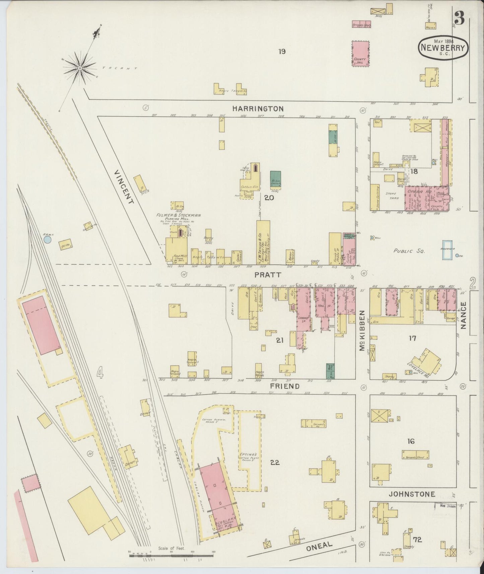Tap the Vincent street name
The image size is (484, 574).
[x=124, y=187]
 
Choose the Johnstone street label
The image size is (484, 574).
[x=412, y=494]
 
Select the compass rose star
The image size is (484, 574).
[x=80, y=68]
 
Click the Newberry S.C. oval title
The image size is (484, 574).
[x=443, y=48]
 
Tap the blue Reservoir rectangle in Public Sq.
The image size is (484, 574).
[x=446, y=250]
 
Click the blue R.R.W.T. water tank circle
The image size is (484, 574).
[x=48, y=240]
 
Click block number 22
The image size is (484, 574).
[x=275, y=462]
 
